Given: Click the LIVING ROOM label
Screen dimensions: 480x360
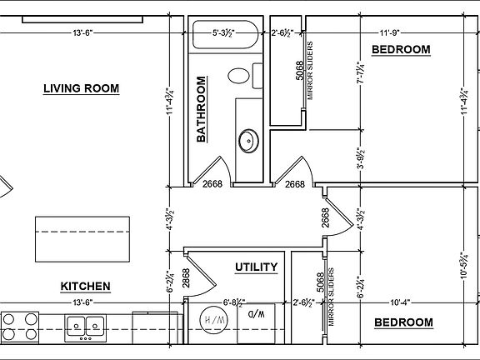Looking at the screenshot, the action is (81, 88).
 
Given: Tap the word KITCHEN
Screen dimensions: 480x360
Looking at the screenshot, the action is (85, 286).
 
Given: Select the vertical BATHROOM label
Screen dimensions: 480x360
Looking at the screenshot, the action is (201, 109).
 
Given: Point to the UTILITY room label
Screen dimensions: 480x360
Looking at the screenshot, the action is (256, 267).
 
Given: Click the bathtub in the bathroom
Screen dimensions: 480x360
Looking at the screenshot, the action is (225, 34).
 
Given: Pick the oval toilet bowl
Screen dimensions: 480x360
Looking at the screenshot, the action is (239, 76).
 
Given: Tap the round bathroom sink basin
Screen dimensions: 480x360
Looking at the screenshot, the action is (248, 141).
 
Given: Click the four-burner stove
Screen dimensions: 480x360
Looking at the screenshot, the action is (20, 327).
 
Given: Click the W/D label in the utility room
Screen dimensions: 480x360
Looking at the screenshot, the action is (257, 314).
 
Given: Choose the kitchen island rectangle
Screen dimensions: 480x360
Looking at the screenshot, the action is (82, 239).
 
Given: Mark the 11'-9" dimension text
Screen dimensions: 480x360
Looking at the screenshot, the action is (390, 32).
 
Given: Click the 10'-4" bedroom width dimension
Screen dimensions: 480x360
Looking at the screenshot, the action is (400, 302).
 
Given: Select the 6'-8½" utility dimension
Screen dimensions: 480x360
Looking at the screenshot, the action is (234, 302).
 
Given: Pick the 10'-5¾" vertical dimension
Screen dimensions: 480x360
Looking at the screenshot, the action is (464, 265).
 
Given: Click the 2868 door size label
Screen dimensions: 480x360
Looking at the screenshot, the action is (186, 278).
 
